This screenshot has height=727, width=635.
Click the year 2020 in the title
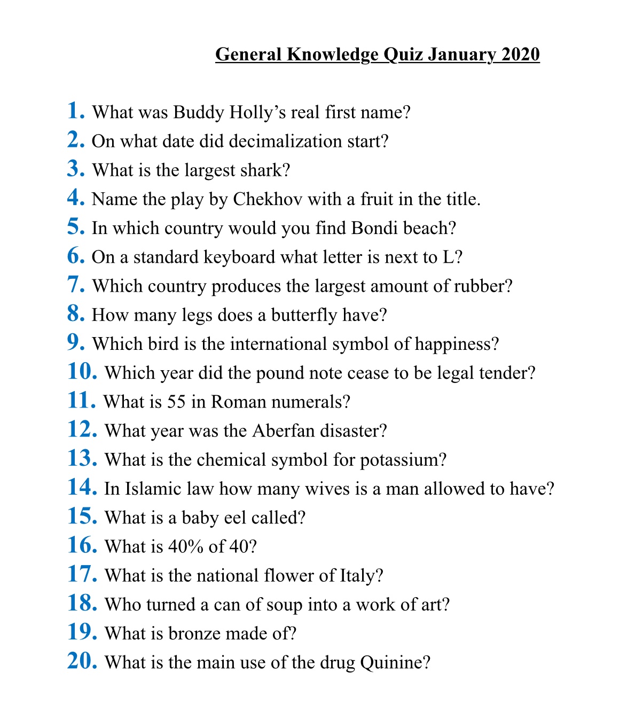521,54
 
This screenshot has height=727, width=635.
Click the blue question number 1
76,111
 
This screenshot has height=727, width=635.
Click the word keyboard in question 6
239,257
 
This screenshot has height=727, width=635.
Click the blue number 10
82,371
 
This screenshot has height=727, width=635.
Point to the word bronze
194,634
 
